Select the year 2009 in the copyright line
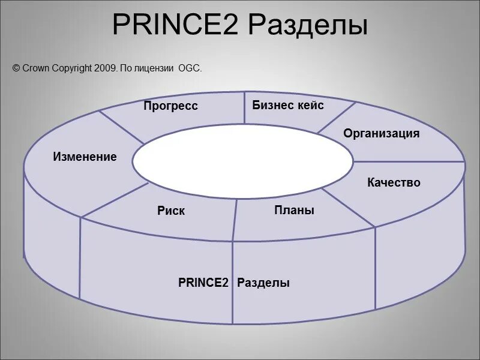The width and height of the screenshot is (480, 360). pos(105,69)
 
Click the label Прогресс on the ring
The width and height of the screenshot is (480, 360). pos(170,106)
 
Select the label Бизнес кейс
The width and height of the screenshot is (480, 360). pos(288,106)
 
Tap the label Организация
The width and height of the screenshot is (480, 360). pos(382,133)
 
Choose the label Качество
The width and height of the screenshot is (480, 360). pos(394,182)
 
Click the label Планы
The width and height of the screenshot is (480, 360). pos(295,210)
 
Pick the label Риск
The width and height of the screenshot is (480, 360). pos(171,211)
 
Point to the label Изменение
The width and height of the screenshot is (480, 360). pos(85,157)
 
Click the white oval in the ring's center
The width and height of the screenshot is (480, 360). pos(242,161)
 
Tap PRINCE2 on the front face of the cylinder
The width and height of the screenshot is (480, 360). pos(203,283)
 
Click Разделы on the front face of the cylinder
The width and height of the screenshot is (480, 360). pos(263,283)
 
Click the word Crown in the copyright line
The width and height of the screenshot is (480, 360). pos(35,69)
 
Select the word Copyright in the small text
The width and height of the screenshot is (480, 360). pos(71,69)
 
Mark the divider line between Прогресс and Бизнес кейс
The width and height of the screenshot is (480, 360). pos(244,108)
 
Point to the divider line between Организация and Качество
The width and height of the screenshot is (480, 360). pos(408,161)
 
